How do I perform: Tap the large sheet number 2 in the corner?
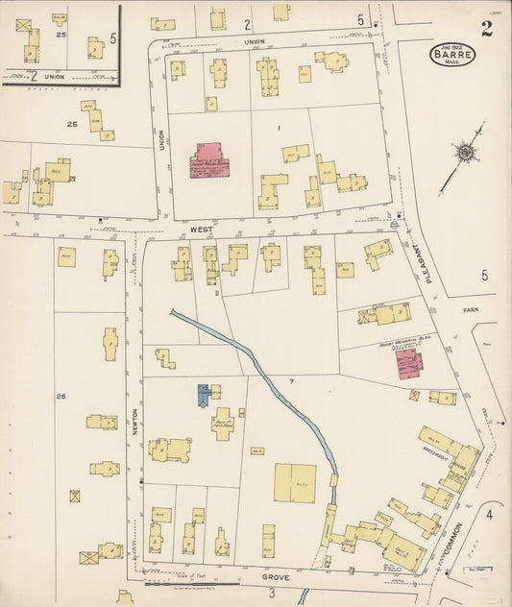487,28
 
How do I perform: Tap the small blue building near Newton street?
204,394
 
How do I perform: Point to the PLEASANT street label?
420,256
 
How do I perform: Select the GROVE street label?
277,579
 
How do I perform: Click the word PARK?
470,310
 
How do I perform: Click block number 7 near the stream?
289,381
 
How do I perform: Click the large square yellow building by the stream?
296,483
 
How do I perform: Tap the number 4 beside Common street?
488,515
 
